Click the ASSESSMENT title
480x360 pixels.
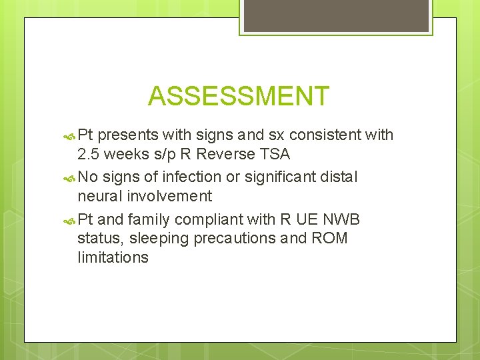(x=239, y=96)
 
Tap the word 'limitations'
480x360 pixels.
(x=113, y=257)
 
